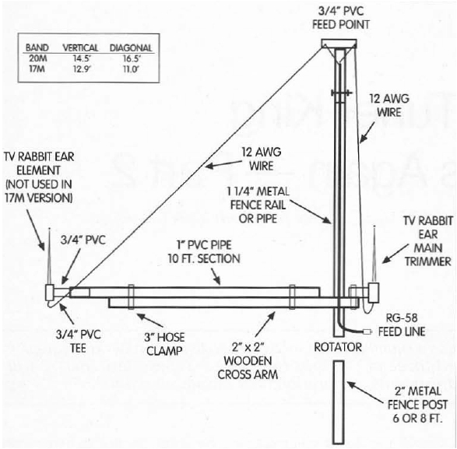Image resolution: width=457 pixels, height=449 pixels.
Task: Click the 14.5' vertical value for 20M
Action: pyautogui.click(x=81, y=58)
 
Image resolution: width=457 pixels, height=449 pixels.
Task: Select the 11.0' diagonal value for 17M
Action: pyautogui.click(x=131, y=69)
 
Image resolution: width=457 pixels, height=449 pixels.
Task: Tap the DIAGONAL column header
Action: pyautogui.click(x=131, y=48)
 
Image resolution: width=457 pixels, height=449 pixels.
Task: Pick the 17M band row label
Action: pyautogui.click(x=37, y=69)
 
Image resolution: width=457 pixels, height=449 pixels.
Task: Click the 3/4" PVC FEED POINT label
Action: pyautogui.click(x=341, y=18)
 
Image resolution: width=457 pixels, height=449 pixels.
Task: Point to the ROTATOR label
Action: pyautogui.click(x=338, y=347)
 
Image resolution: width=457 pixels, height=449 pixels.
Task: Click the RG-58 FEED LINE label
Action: pyautogui.click(x=401, y=324)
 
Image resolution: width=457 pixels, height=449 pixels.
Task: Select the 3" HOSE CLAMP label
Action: pyautogui.click(x=165, y=344)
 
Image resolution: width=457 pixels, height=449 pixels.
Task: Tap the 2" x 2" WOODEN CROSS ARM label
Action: pyautogui.click(x=248, y=361)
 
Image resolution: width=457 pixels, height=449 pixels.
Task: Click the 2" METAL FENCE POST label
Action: pyautogui.click(x=417, y=405)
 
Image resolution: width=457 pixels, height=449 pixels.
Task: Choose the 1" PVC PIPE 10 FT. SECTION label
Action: pyautogui.click(x=204, y=252)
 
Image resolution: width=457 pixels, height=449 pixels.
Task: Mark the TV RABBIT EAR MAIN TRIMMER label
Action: pyautogui.click(x=428, y=241)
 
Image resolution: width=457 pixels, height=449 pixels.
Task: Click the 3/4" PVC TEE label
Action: pyautogui.click(x=78, y=341)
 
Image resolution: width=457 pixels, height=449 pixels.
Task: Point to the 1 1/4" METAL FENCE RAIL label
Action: pyautogui.click(x=258, y=205)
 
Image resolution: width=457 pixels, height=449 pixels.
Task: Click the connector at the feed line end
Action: pyautogui.click(x=367, y=331)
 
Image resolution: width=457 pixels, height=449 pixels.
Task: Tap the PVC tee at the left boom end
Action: pyautogui.click(x=49, y=293)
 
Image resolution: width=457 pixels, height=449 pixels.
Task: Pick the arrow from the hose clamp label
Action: pyautogui.click(x=150, y=320)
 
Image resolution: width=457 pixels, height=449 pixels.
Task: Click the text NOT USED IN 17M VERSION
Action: pyautogui.click(x=39, y=191)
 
